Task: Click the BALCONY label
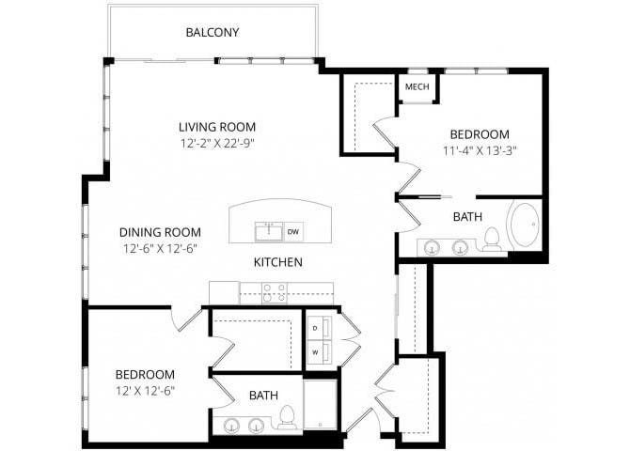[x=213, y=32]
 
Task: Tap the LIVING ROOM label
[x=217, y=127]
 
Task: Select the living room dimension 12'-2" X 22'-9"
[x=217, y=144]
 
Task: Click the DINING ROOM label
[x=160, y=232]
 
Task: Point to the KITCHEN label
[x=278, y=262]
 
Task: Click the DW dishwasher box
[x=293, y=232]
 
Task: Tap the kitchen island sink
[x=269, y=231]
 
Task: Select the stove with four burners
[x=275, y=293]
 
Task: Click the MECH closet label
[x=417, y=86]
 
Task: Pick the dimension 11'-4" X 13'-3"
[x=480, y=151]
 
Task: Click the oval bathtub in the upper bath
[x=524, y=225]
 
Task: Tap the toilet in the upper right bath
[x=491, y=240]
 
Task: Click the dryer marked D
[x=320, y=328]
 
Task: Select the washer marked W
[x=320, y=353]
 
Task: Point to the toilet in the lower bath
[x=287, y=418]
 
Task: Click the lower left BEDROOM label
[x=145, y=375]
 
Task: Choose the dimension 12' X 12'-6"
[x=146, y=391]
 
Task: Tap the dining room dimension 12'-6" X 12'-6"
[x=160, y=249]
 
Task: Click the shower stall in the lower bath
[x=321, y=404]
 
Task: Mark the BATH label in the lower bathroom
[x=263, y=396]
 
